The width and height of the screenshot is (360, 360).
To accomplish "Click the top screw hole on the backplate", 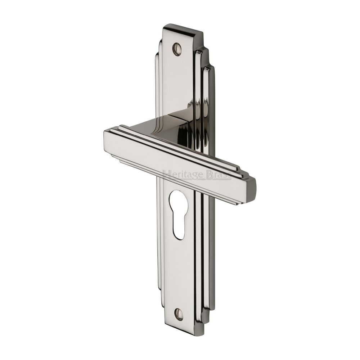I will (177, 49).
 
